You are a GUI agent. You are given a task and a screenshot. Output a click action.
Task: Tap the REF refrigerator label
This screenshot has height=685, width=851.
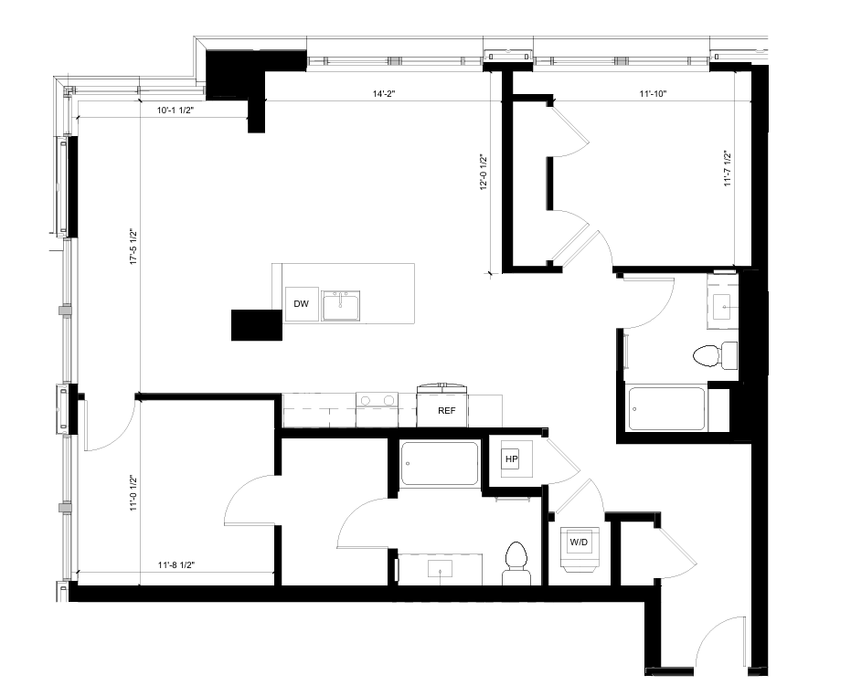coord(446,411)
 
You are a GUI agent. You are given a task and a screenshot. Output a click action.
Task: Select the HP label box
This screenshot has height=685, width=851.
coord(512,458)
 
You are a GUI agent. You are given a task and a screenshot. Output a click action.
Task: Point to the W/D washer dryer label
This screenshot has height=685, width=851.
coord(580,542)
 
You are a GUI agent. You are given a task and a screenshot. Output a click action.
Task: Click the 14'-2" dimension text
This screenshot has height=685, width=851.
coord(383,93)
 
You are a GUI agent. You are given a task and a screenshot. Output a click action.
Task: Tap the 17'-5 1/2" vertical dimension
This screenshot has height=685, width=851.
coord(133,248)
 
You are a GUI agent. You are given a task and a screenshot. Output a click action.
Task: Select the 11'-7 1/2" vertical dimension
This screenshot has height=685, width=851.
coord(729,168)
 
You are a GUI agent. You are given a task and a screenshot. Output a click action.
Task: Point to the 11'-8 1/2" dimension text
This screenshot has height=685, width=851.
coord(177,565)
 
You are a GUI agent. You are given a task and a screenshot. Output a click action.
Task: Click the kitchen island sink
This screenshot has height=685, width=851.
coord(340,306)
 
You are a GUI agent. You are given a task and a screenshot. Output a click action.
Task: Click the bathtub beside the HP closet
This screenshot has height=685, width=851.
coord(441,464)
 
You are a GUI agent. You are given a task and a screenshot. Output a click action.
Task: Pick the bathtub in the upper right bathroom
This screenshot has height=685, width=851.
coord(666,407)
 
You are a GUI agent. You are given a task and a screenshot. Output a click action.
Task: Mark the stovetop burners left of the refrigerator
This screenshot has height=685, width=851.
coord(377,400)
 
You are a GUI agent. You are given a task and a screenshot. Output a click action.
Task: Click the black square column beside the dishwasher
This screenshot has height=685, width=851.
coord(256,325)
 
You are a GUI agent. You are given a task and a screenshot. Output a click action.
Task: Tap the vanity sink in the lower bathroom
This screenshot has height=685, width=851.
coord(443,569)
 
